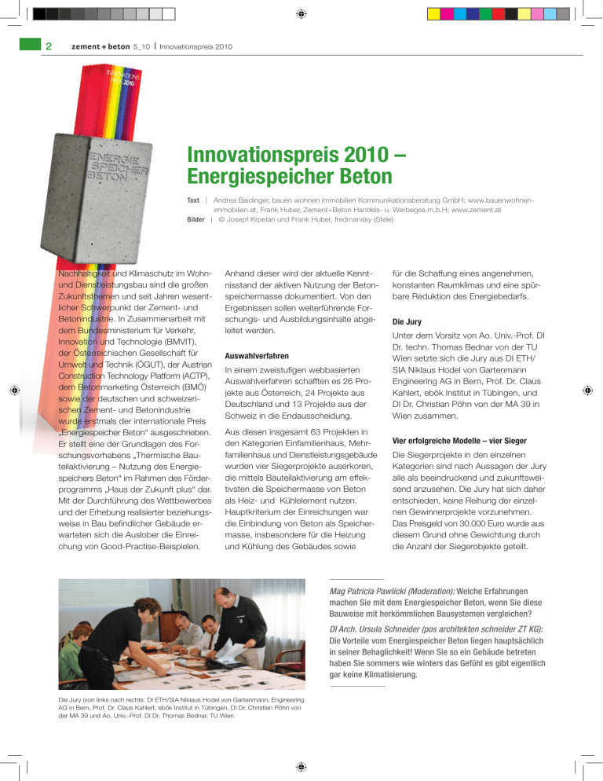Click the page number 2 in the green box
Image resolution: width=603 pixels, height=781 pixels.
[48, 46]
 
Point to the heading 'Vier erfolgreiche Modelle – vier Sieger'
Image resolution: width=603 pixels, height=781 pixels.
[461, 441]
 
